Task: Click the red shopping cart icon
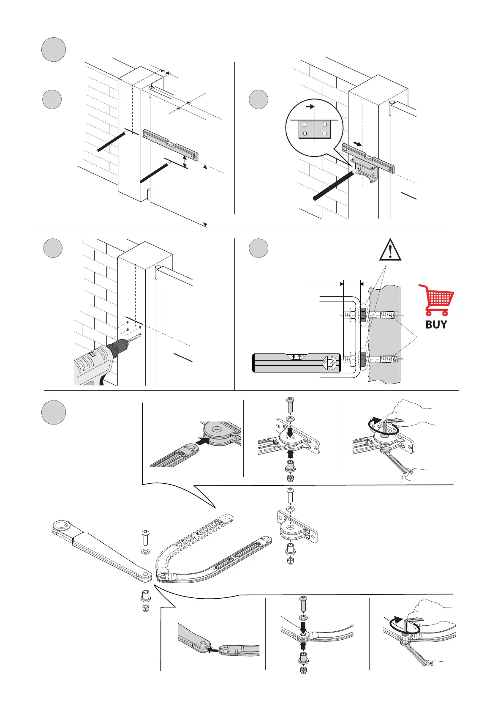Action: coord(437,300)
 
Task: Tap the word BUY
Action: coord(436,325)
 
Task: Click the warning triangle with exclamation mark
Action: coord(390,250)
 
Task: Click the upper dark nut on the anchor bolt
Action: coord(363,315)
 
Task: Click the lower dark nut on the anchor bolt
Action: coord(363,359)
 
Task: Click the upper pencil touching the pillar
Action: coord(113,141)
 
